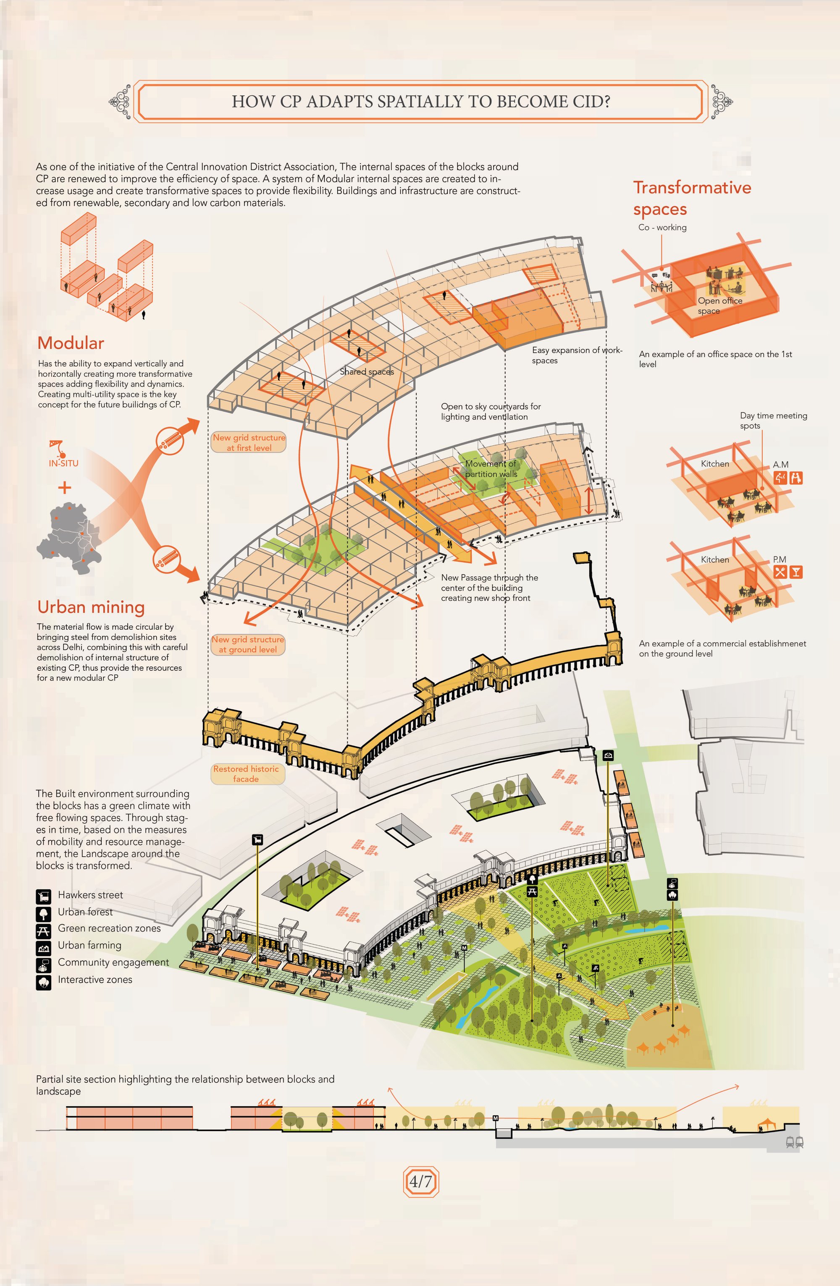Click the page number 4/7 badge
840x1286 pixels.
click(420, 1182)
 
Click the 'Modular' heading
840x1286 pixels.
click(71, 343)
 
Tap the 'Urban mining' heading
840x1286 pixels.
click(91, 607)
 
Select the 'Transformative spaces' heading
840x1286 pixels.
click(692, 198)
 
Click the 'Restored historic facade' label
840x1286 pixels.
click(246, 774)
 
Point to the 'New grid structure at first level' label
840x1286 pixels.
click(249, 442)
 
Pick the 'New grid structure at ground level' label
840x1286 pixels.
click(247, 644)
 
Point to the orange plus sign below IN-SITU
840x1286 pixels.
click(64, 487)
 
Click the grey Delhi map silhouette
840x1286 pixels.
click(68, 538)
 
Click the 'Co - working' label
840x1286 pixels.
click(662, 227)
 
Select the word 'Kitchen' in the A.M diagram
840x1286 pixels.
click(714, 464)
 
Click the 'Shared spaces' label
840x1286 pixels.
click(367, 372)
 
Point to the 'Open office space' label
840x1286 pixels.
click(719, 306)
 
